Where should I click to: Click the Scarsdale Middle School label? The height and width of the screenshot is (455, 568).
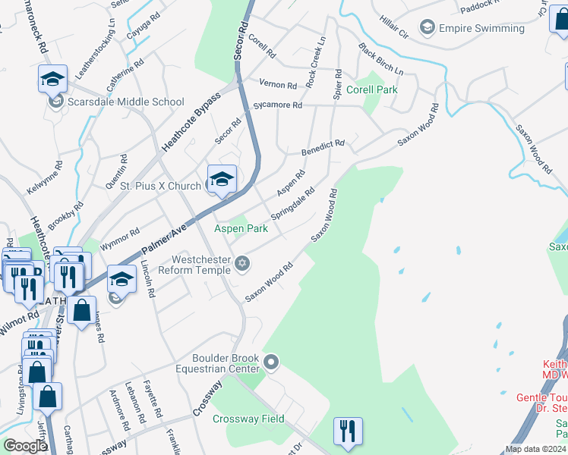[125, 102]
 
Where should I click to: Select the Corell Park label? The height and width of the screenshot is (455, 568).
[372, 89]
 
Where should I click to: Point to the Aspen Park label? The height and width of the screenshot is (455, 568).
[241, 228]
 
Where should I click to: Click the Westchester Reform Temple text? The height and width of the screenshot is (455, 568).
[204, 264]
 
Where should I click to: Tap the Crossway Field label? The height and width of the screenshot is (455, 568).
[248, 419]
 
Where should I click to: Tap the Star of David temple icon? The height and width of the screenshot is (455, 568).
[242, 263]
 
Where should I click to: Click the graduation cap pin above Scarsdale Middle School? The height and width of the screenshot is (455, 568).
[53, 78]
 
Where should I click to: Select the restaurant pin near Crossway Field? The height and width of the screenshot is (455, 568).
[349, 431]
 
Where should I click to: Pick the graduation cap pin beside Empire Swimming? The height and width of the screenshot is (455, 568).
[427, 29]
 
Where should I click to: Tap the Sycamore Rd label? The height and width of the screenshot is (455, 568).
[278, 105]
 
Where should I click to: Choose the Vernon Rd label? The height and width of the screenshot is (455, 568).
[277, 84]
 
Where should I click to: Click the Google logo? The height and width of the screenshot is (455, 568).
[26, 446]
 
